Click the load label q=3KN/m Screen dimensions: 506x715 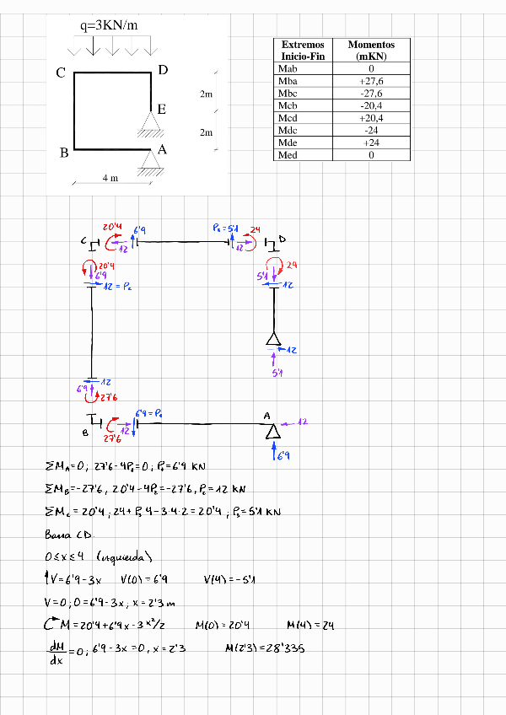[x=109, y=25]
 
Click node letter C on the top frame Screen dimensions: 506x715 [x=61, y=73]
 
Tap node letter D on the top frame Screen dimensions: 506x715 [x=163, y=70]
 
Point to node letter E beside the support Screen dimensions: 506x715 [x=162, y=110]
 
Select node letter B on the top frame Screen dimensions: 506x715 [x=63, y=153]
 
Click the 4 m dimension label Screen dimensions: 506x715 [x=110, y=178]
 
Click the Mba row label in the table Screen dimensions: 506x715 [x=288, y=80]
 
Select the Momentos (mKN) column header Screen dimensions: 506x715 [x=371, y=50]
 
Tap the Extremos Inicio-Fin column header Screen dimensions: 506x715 [x=302, y=50]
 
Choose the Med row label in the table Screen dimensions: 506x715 [x=288, y=155]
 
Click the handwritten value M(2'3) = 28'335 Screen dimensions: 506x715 [x=265, y=648]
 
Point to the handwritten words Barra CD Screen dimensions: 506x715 [x=70, y=535]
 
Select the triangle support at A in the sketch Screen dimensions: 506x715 [x=272, y=430]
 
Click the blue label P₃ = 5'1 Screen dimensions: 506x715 [x=226, y=228]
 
